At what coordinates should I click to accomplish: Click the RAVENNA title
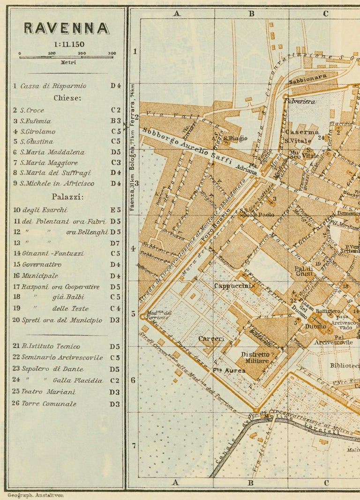click(66, 29)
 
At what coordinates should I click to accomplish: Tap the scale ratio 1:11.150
click(66, 45)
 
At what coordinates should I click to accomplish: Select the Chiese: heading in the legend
click(67, 98)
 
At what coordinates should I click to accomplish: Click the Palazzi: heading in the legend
click(67, 197)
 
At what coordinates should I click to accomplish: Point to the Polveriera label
click(300, 101)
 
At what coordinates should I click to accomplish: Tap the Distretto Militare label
click(255, 358)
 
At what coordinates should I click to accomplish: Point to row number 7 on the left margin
click(134, 445)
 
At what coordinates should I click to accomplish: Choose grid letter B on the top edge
click(251, 14)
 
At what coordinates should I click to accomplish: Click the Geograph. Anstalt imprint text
click(36, 495)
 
